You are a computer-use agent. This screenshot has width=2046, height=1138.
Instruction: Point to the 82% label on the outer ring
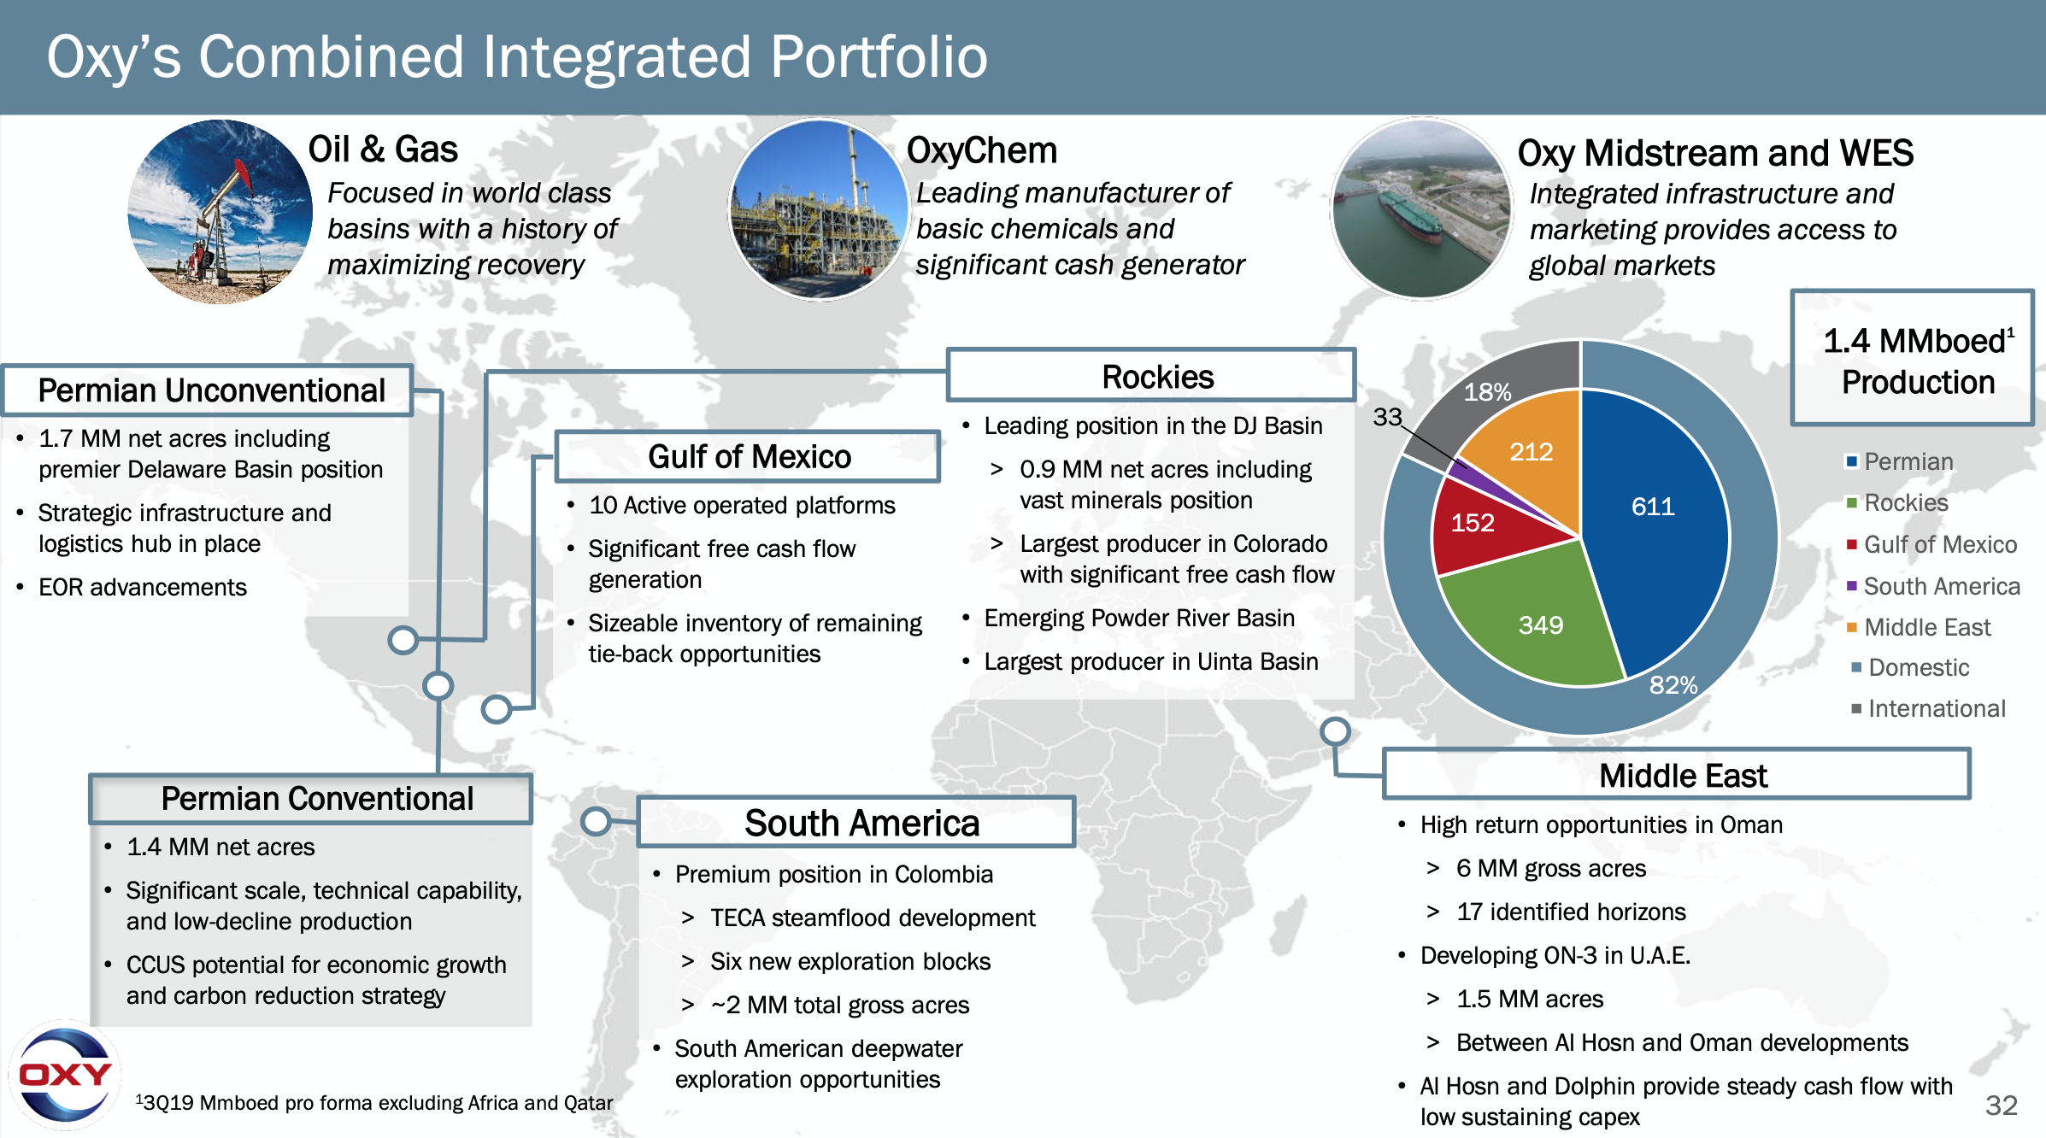(1673, 684)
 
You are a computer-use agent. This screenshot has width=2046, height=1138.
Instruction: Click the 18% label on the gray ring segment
(1487, 392)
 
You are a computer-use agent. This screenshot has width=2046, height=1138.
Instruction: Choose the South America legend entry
(1933, 586)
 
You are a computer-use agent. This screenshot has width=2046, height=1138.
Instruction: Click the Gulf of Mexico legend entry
(1931, 544)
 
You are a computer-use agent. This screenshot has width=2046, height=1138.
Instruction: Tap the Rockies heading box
(1151, 375)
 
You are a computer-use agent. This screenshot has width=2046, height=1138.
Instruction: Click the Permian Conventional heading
(311, 799)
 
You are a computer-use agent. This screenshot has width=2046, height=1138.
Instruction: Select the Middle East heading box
(1677, 775)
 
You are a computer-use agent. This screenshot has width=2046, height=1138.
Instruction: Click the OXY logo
(65, 1075)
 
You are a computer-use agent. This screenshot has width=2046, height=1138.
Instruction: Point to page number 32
(2002, 1105)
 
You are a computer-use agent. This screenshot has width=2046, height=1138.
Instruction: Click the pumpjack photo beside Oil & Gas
(220, 211)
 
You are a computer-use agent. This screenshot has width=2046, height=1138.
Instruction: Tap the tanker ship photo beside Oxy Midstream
(1422, 209)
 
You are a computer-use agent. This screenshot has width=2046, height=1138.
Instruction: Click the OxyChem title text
(982, 150)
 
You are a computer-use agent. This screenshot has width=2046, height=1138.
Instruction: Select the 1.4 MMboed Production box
(1913, 357)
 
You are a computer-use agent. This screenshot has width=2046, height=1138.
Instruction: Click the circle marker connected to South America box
(596, 821)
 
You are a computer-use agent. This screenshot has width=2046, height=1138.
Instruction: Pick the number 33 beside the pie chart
(1387, 416)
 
